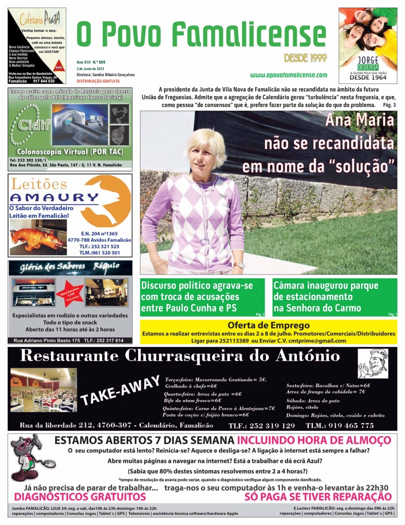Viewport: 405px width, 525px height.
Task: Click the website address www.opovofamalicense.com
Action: pos(289,75)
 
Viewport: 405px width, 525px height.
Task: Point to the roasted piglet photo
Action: pos(36,238)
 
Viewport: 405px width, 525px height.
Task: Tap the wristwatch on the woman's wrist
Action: pos(238,265)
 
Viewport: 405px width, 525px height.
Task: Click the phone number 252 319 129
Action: pos(269,425)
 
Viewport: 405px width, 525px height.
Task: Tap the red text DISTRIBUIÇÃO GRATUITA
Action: pos(98,81)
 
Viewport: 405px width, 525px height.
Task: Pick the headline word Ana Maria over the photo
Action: pos(359,120)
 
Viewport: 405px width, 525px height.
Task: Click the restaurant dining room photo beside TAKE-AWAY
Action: pos(44,389)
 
